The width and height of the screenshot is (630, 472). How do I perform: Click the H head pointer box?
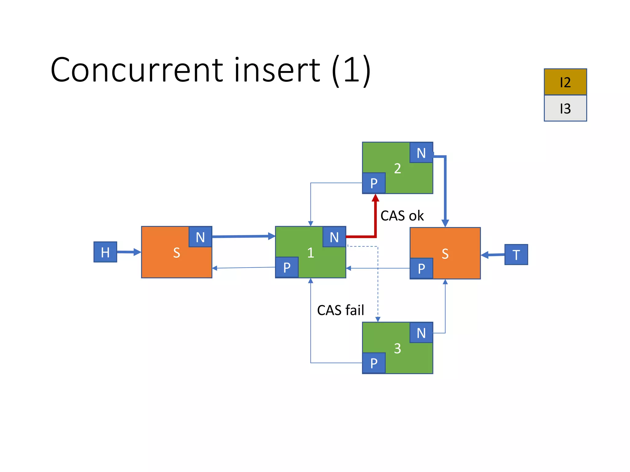(105, 252)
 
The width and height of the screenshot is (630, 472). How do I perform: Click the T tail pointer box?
(516, 254)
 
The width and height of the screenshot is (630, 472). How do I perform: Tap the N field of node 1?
(334, 237)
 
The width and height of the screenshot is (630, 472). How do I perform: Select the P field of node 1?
(287, 267)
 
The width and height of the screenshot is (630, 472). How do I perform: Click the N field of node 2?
(421, 153)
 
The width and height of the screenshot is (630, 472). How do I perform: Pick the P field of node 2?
(374, 183)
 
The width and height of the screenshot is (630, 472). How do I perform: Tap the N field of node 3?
(421, 333)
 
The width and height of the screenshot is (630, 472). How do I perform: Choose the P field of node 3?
(374, 363)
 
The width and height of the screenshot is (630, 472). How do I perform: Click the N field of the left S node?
(200, 237)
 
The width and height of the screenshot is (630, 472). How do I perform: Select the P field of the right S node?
(421, 268)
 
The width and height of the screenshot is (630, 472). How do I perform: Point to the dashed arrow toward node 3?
(378, 283)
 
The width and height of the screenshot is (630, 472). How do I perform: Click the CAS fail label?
(340, 310)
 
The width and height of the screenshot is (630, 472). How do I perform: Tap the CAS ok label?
(402, 216)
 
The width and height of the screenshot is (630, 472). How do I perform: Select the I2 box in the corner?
(565, 82)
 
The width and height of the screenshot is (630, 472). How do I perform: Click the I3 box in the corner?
(565, 108)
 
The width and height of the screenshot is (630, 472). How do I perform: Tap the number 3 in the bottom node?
(397, 348)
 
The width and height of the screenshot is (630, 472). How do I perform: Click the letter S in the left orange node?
(177, 253)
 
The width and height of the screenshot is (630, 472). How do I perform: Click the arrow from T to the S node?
(493, 255)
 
